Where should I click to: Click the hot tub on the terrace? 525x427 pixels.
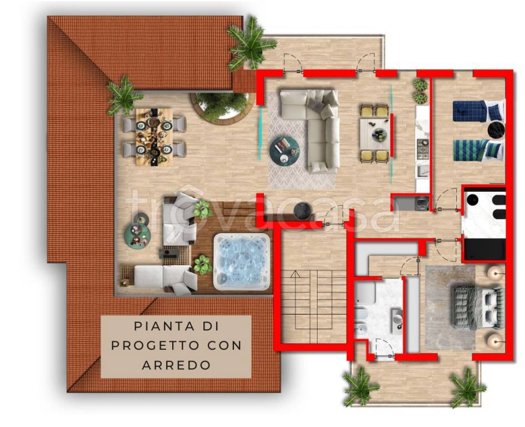pyautogui.click(x=242, y=261)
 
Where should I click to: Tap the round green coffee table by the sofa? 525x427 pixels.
pyautogui.click(x=284, y=150)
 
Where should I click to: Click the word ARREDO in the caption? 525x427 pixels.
pyautogui.click(x=177, y=365)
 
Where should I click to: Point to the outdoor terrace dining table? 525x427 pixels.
pyautogui.click(x=154, y=137)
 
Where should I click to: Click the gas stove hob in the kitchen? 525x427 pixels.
pyautogui.click(x=423, y=146)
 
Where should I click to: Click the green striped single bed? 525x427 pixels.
pyautogui.click(x=478, y=150)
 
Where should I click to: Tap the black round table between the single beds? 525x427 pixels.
pyautogui.click(x=496, y=130)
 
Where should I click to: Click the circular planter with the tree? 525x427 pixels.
pyautogui.click(x=220, y=107)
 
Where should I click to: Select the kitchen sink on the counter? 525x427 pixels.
pyautogui.click(x=423, y=171)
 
